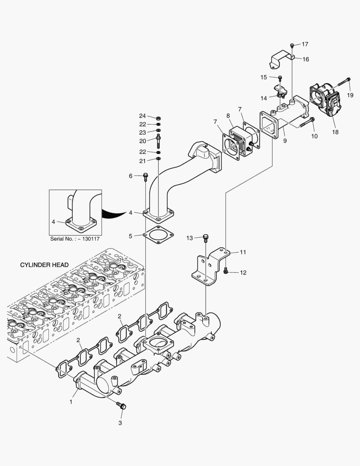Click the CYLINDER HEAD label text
click(x=44, y=264)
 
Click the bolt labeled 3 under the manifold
click(x=122, y=405)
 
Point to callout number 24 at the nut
click(x=143, y=116)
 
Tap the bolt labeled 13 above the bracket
click(x=206, y=237)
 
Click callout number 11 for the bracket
click(x=243, y=252)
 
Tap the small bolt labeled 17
click(x=292, y=45)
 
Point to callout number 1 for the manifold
click(x=71, y=401)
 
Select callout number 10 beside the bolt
click(x=314, y=136)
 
